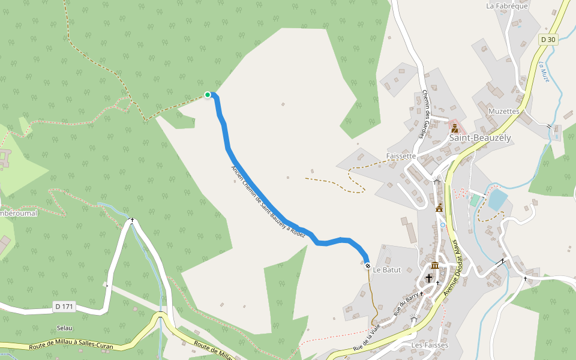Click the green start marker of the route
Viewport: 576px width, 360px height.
click(208, 95)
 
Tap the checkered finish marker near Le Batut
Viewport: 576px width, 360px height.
click(368, 266)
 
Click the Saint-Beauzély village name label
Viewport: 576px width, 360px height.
click(480, 138)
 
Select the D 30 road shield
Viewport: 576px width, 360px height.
click(548, 40)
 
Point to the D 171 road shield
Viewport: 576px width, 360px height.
click(64, 307)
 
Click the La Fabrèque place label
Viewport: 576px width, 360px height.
click(507, 6)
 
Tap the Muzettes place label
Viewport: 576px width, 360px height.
click(504, 112)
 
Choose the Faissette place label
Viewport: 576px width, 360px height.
click(401, 156)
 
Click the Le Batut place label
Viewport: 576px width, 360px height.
click(387, 270)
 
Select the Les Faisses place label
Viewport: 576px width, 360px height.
click(430, 346)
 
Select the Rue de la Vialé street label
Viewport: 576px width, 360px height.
click(367, 337)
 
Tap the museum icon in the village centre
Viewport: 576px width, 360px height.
click(434, 265)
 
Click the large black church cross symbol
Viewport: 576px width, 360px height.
click(429, 278)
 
